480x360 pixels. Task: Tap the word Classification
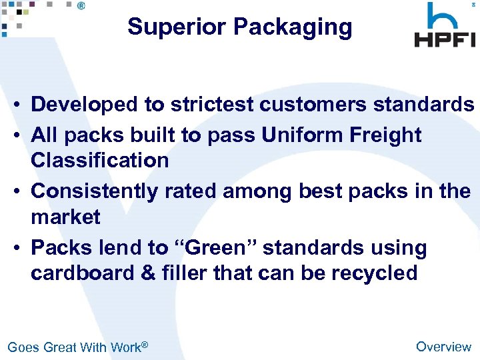(100, 160)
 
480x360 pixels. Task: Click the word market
(65, 217)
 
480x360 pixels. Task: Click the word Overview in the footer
(443, 346)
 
